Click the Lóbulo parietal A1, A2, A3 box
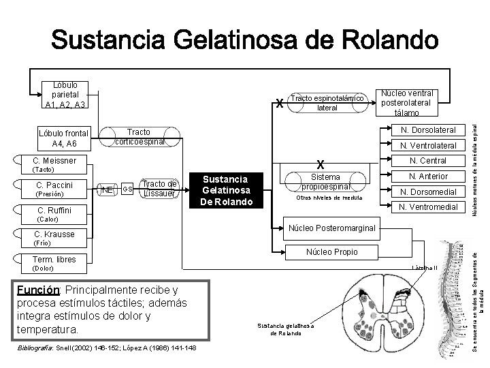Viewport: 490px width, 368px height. (x=64, y=95)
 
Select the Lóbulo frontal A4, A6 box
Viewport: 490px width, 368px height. (x=64, y=138)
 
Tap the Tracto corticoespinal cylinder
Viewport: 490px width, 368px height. (x=140, y=136)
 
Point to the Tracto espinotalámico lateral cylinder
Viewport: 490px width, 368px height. (x=329, y=102)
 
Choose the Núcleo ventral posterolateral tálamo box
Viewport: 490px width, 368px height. (x=408, y=102)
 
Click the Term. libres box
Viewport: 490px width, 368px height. (x=54, y=259)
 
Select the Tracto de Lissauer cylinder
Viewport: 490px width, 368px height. (x=159, y=188)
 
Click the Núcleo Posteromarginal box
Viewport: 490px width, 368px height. (x=332, y=228)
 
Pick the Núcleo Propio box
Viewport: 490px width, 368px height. (x=332, y=252)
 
